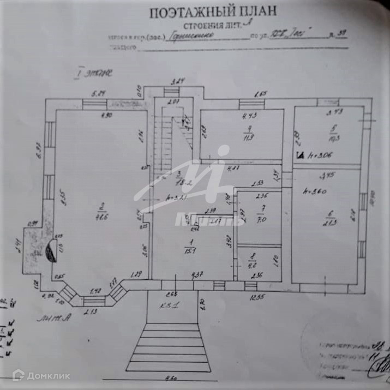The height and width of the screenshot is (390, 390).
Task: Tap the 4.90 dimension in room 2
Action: coord(106,115)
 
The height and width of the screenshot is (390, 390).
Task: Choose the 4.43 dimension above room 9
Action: coord(249,115)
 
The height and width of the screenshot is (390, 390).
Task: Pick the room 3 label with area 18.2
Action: coord(181,179)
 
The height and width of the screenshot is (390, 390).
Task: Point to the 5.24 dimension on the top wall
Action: coord(99,93)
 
